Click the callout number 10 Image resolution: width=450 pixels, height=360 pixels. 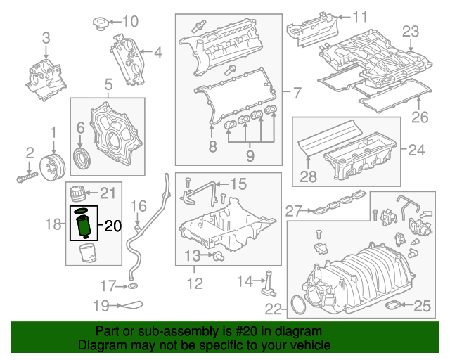pyautogui.click(x=131, y=20)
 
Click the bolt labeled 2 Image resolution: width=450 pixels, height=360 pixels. pyautogui.click(x=25, y=177)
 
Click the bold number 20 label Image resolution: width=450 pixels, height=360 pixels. pyautogui.click(x=113, y=226)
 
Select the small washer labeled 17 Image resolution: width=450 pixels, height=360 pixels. pyautogui.click(x=132, y=287)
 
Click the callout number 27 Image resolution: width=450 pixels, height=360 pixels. pyautogui.click(x=294, y=210)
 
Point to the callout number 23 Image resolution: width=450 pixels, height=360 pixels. pyautogui.click(x=410, y=31)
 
